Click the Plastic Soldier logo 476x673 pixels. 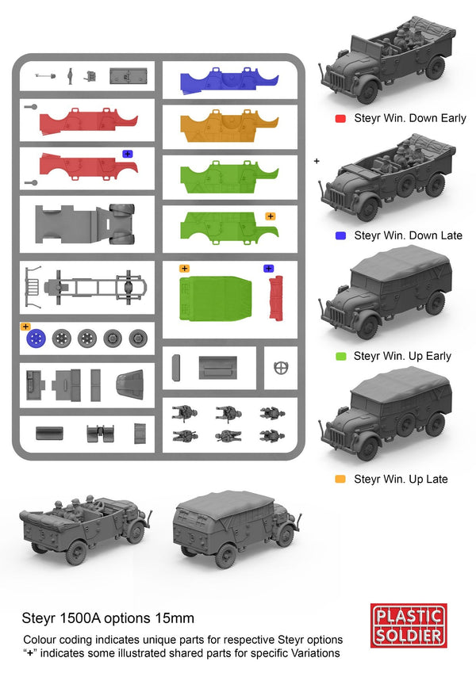point(408,625)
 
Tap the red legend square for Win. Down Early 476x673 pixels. point(340,118)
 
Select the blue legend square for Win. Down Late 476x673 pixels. point(340,235)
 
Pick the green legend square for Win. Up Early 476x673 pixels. point(340,356)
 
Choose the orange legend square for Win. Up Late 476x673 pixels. point(340,479)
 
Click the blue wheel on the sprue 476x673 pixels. point(36,338)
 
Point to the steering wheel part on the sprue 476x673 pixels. point(281,368)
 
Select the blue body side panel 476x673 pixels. point(229,81)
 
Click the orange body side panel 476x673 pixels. point(229,126)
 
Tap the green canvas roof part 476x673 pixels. point(215,298)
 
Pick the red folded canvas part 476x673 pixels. point(276,298)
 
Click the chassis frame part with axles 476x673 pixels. point(86,287)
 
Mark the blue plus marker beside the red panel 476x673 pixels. point(128,154)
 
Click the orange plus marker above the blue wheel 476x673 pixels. point(25,327)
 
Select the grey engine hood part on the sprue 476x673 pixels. point(130,384)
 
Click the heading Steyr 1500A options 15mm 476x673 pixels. point(108,618)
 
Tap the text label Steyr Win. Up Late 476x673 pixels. point(401,479)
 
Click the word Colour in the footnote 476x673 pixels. point(40,640)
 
